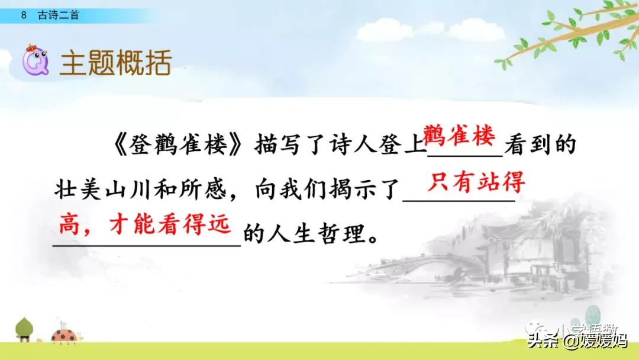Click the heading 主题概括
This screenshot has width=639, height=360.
tap(115, 62)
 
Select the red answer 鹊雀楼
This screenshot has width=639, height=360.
tap(458, 138)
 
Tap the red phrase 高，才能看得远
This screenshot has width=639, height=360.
tap(144, 226)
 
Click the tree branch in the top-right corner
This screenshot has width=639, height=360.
tap(568, 36)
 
